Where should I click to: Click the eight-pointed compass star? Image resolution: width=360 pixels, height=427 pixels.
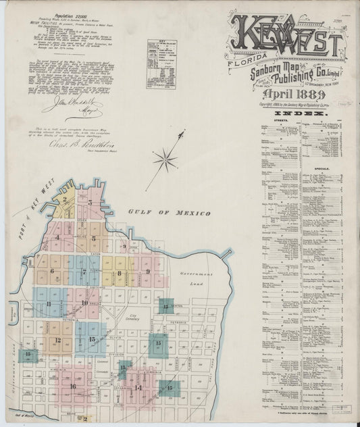(x=164, y=160)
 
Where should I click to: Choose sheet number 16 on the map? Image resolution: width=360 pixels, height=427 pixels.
(x=72, y=386)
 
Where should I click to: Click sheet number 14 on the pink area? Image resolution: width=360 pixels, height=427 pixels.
(x=138, y=387)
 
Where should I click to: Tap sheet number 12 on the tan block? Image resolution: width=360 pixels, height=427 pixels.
(x=58, y=341)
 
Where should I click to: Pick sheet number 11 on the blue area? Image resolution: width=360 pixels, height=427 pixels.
(x=49, y=304)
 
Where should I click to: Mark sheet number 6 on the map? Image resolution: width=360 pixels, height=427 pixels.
(x=51, y=271)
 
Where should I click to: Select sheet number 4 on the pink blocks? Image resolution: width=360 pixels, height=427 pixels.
(x=58, y=237)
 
